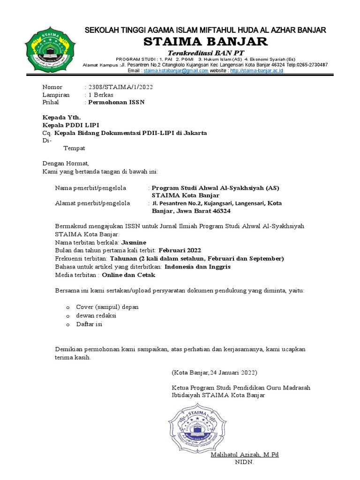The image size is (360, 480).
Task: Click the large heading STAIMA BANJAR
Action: point(206,42)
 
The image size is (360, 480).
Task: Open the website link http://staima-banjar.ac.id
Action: point(256,70)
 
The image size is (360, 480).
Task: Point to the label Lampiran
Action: point(56,95)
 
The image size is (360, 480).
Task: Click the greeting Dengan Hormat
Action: point(65,163)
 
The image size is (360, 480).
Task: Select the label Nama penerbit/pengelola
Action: point(90,188)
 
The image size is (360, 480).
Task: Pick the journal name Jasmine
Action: point(134,242)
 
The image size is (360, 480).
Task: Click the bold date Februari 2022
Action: point(180,250)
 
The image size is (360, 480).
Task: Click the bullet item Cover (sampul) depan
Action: point(107,307)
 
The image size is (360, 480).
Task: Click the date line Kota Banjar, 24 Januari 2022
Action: point(214,373)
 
